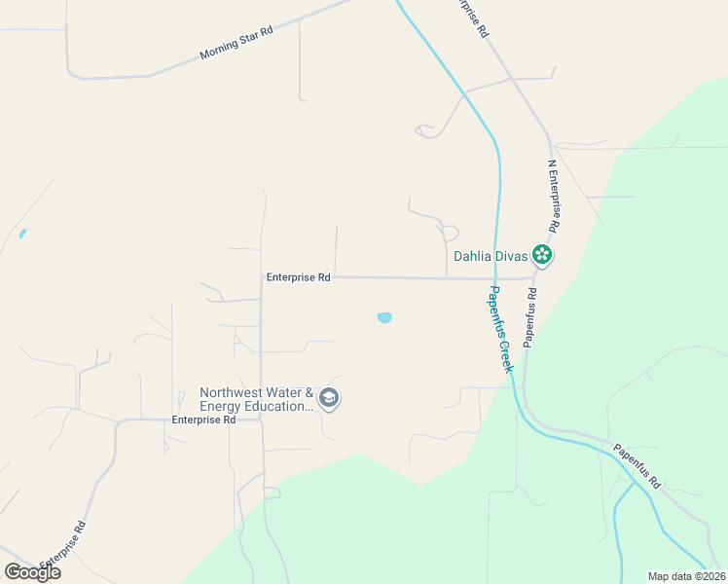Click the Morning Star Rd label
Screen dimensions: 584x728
point(237,43)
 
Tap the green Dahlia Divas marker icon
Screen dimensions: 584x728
point(542,256)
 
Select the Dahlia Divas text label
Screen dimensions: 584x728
point(491,257)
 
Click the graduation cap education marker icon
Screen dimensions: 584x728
point(329,398)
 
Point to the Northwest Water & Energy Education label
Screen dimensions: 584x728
point(257,399)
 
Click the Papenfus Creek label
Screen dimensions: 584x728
point(499,329)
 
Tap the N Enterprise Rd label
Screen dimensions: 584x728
point(553,196)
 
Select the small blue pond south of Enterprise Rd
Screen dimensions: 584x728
point(384,317)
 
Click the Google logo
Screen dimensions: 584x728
point(32,571)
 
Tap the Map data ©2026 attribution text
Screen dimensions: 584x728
point(686,576)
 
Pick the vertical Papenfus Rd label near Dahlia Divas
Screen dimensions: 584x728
point(530,315)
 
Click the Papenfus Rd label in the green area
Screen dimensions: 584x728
point(637,466)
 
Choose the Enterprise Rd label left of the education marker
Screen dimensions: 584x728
point(203,420)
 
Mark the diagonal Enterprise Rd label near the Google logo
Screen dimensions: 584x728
point(64,547)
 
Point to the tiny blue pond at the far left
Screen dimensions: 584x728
point(21,235)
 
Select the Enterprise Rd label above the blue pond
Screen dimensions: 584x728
point(298,277)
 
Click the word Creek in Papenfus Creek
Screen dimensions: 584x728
point(505,353)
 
